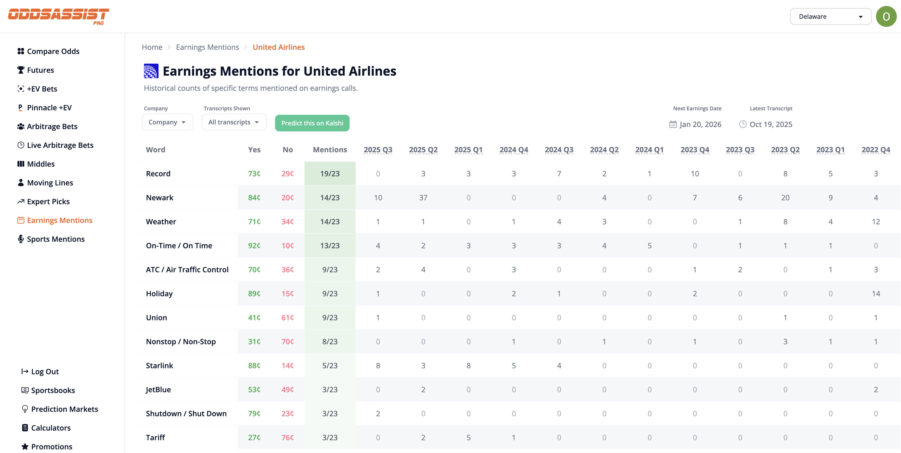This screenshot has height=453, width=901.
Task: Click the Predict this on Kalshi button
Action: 312,123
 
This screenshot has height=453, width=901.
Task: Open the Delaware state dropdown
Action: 830,16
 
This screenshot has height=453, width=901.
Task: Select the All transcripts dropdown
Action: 234,122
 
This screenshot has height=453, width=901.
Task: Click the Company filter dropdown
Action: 167,122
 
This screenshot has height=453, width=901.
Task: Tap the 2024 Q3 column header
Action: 559,150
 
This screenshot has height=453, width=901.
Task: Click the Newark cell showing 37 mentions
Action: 423,198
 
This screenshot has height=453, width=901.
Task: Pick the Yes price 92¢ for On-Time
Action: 254,246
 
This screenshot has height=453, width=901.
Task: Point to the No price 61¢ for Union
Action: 288,318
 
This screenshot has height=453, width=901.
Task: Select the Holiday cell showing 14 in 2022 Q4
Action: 875,293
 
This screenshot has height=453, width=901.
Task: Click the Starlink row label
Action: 160,366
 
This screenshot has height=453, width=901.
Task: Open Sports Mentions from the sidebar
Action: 56,239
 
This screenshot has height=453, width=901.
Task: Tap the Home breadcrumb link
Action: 152,47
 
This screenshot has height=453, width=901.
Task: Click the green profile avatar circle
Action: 886,16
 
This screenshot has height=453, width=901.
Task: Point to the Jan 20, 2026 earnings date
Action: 700,125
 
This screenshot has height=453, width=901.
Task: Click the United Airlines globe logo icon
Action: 151,71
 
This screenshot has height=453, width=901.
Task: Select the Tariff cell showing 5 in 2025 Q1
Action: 468,438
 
